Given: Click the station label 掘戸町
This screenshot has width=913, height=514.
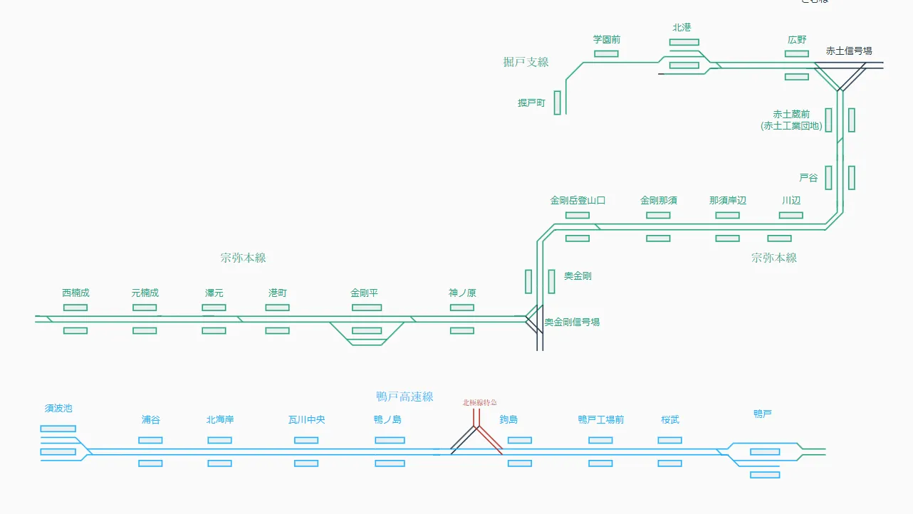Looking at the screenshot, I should tap(531, 103).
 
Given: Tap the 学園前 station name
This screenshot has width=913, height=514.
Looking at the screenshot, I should tap(607, 40).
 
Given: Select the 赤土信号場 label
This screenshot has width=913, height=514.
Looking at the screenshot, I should tap(849, 51).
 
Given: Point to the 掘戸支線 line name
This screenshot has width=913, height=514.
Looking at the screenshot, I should tap(526, 62).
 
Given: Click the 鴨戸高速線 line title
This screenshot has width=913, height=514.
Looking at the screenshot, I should tap(405, 397).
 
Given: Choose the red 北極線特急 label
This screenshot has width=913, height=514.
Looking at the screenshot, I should tap(479, 403).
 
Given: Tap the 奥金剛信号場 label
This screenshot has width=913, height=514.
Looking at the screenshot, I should tap(572, 322).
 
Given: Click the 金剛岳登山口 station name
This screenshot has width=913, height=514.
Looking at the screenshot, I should tap(578, 201).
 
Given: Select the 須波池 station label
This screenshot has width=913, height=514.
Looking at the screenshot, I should tap(58, 409).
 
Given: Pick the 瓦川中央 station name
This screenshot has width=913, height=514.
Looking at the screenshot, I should tap(306, 420).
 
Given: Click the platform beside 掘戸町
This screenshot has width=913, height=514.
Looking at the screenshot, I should tap(558, 103).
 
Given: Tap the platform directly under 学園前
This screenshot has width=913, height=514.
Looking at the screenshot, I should tap(607, 53).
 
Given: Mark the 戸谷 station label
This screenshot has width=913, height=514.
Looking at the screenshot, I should tap(808, 178).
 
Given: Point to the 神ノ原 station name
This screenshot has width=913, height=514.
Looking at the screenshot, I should tap(462, 293).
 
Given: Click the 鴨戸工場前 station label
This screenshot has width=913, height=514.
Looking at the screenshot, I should tap(600, 420).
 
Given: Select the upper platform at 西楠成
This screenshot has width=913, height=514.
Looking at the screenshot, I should tap(75, 308).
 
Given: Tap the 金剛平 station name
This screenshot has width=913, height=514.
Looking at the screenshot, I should tap(364, 293).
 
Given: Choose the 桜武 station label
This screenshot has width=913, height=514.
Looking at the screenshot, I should tap(670, 420).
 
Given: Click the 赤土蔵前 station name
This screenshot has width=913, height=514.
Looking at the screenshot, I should tap(792, 115).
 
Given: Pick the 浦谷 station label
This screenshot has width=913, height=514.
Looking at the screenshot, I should tap(151, 420).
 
